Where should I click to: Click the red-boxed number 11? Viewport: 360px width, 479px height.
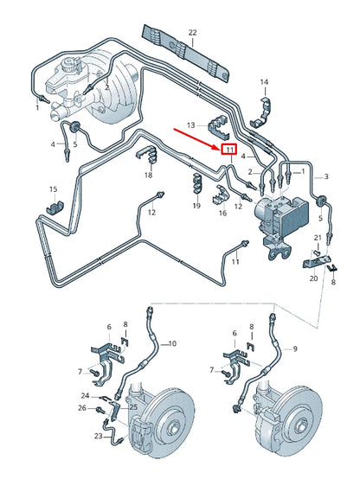[229, 150]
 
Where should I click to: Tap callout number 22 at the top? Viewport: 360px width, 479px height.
[192, 33]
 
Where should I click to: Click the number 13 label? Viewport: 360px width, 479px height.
[191, 125]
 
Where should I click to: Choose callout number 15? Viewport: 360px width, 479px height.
[53, 189]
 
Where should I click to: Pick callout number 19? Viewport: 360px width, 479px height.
[196, 207]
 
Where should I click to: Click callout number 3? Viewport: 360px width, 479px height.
[326, 176]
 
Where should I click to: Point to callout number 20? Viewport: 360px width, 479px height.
[312, 278]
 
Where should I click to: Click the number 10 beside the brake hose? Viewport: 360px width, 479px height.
[171, 343]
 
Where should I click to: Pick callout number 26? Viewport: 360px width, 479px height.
[83, 407]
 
